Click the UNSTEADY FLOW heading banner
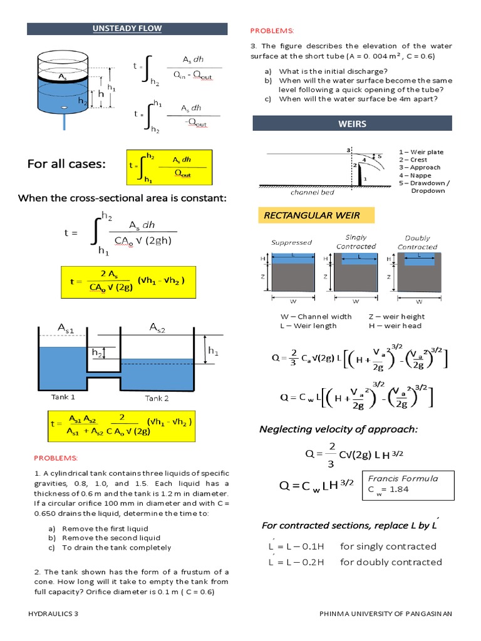tap(127, 29)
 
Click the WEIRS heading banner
tap(352, 123)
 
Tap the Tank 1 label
tap(63, 397)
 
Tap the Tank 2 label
tap(157, 397)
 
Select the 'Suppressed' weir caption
tap(291, 242)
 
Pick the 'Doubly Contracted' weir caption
tap(417, 242)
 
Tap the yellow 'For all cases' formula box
tap(169, 167)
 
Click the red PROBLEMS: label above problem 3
tap(272, 30)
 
